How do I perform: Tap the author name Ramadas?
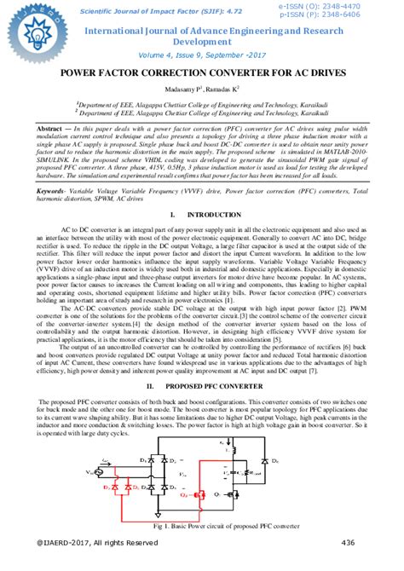(x=225, y=88)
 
